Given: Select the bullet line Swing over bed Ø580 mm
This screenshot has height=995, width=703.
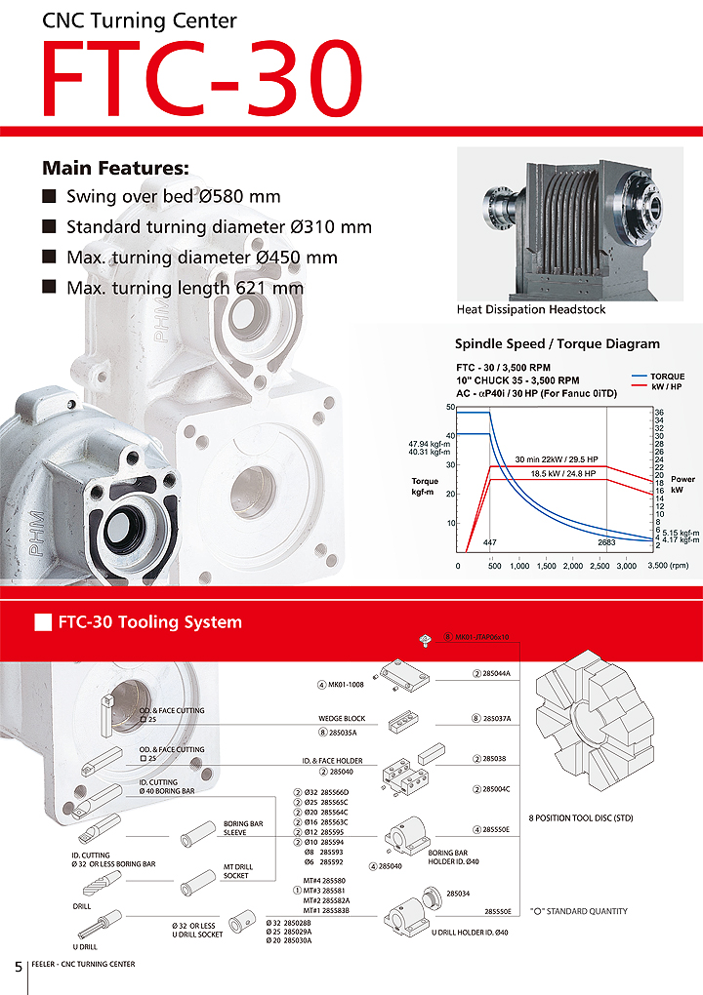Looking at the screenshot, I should pos(173,196).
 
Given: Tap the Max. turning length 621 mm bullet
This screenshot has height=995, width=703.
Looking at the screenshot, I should pos(185,288).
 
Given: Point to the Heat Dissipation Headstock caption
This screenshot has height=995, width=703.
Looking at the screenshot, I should pos(531,309).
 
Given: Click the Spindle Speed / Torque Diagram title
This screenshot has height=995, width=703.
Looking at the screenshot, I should pos(558,343).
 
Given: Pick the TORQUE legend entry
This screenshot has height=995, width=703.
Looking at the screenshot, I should pos(667,377).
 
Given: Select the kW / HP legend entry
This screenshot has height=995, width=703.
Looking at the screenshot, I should pos(668,387).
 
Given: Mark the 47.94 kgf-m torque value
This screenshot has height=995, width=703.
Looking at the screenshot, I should pos(429,444).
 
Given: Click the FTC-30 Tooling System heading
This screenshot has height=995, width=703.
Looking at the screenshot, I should pos(149,621).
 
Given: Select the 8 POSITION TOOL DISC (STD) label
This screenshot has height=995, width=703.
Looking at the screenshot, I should pos(580,817).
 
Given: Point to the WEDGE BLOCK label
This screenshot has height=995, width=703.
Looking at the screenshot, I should pos(342,718).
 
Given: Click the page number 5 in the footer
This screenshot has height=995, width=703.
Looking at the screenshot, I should pos(18,966).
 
